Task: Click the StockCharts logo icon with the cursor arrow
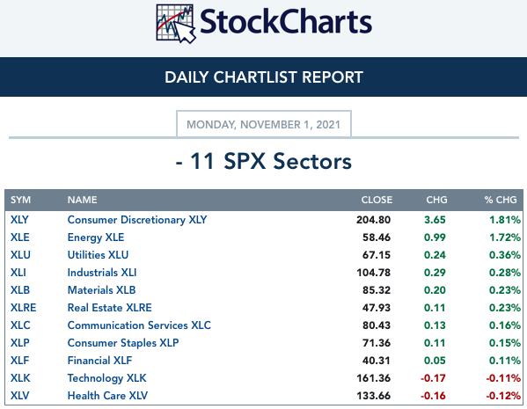tap(176, 23)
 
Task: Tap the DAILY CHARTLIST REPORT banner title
tap(264, 77)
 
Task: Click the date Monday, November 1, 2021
tap(264, 125)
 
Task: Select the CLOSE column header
tap(377, 200)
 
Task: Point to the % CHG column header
tap(501, 200)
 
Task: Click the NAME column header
tap(83, 200)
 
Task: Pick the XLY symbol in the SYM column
tap(19, 220)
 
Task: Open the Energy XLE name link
tap(96, 237)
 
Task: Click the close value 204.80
tap(373, 220)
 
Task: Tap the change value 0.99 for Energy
tap(435, 237)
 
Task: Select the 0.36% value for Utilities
tap(505, 255)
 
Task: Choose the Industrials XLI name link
tap(102, 273)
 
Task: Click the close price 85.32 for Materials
tap(377, 290)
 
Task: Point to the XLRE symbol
tap(23, 308)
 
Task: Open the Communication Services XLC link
tap(139, 325)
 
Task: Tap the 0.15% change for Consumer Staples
tap(505, 343)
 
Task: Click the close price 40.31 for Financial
tap(377, 361)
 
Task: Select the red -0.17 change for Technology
tap(433, 378)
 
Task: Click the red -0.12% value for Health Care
tap(503, 396)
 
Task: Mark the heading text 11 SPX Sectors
tap(271, 161)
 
